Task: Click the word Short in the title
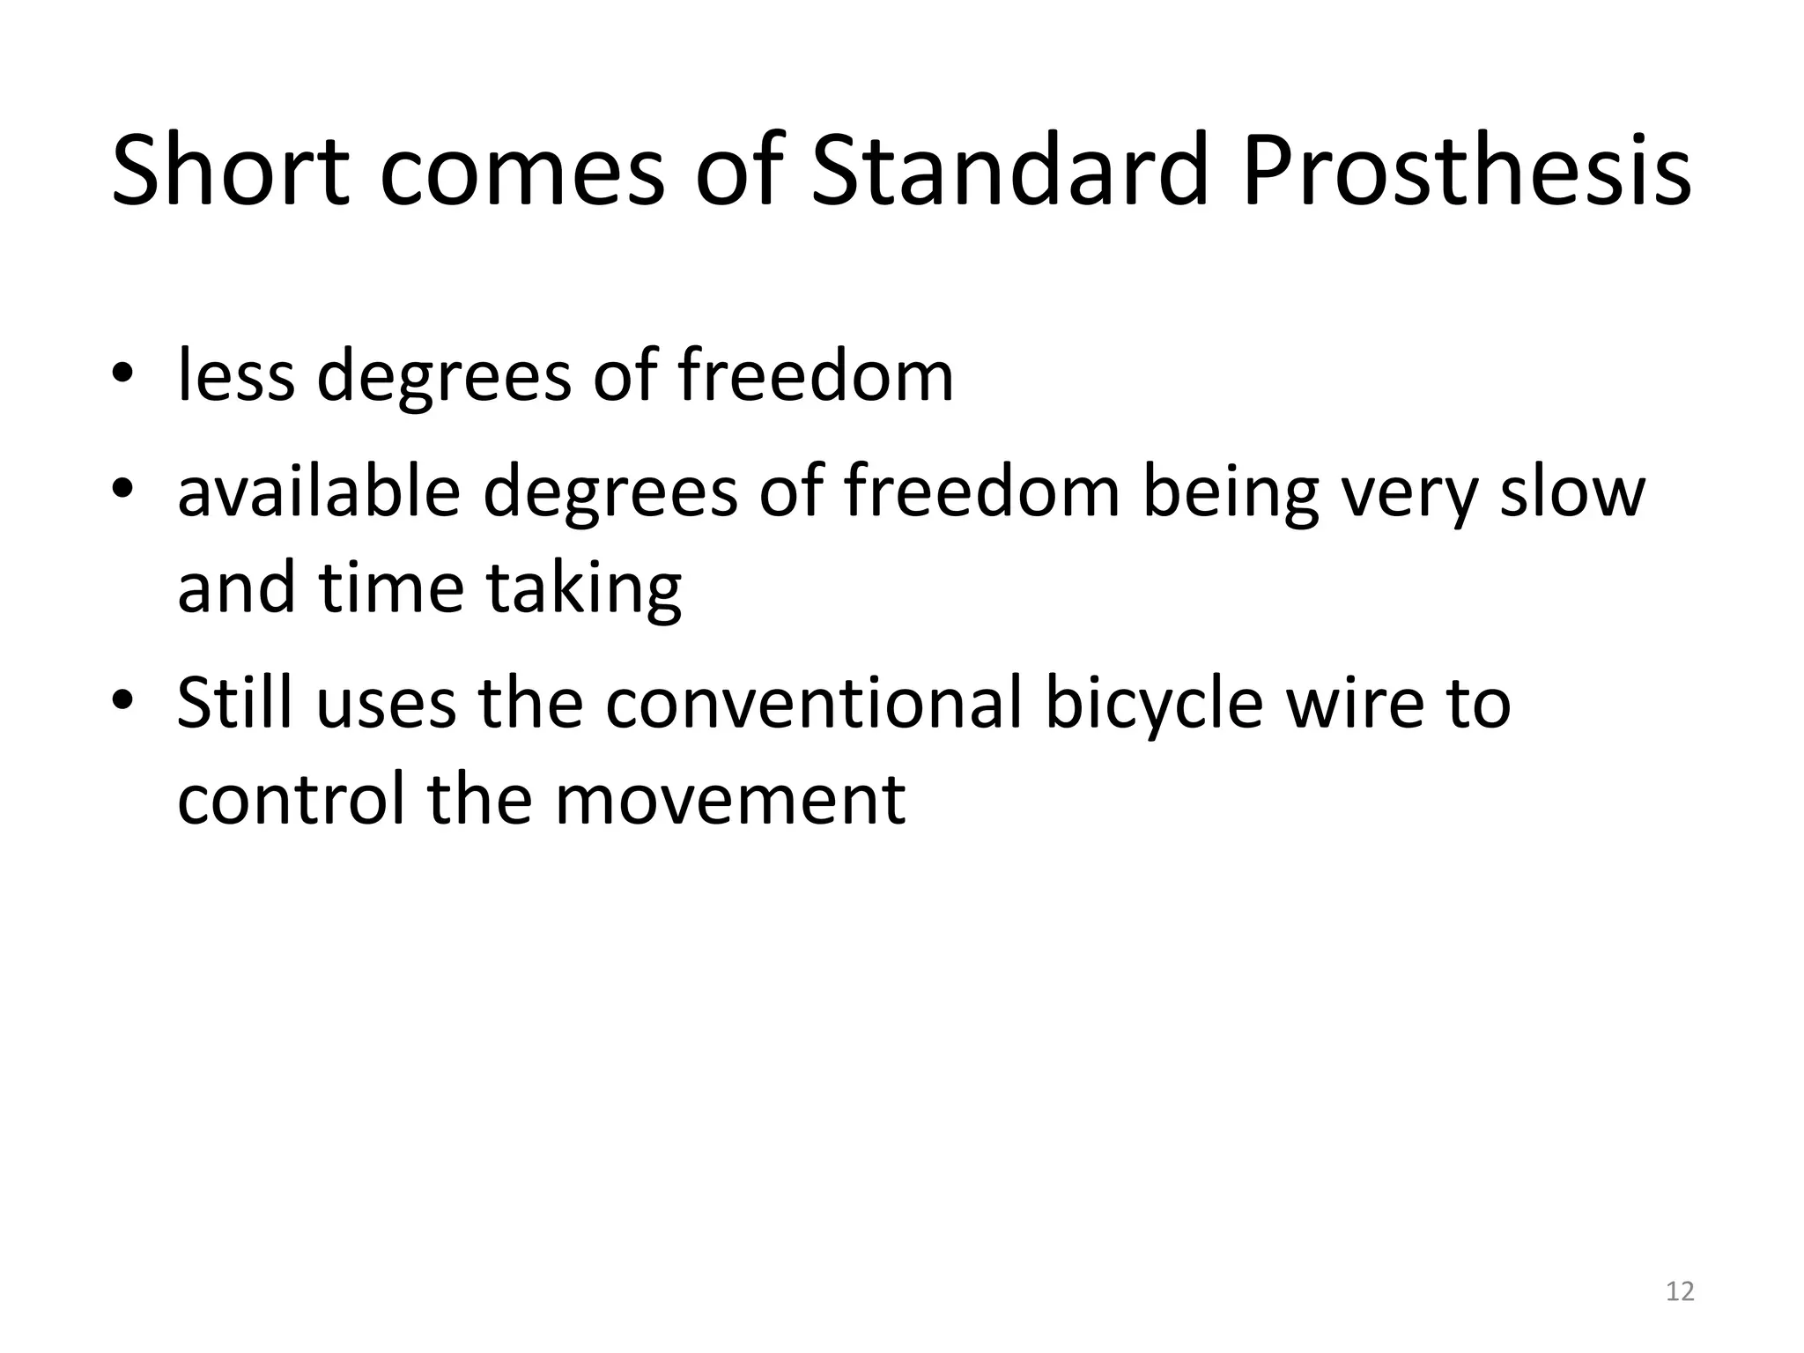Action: [x=231, y=170]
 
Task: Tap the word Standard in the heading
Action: [x=1007, y=170]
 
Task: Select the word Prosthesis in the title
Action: [x=1467, y=170]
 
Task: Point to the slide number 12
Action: [x=1680, y=1291]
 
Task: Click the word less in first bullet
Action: [x=235, y=375]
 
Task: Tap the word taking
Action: [x=583, y=588]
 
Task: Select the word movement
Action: [x=730, y=799]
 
